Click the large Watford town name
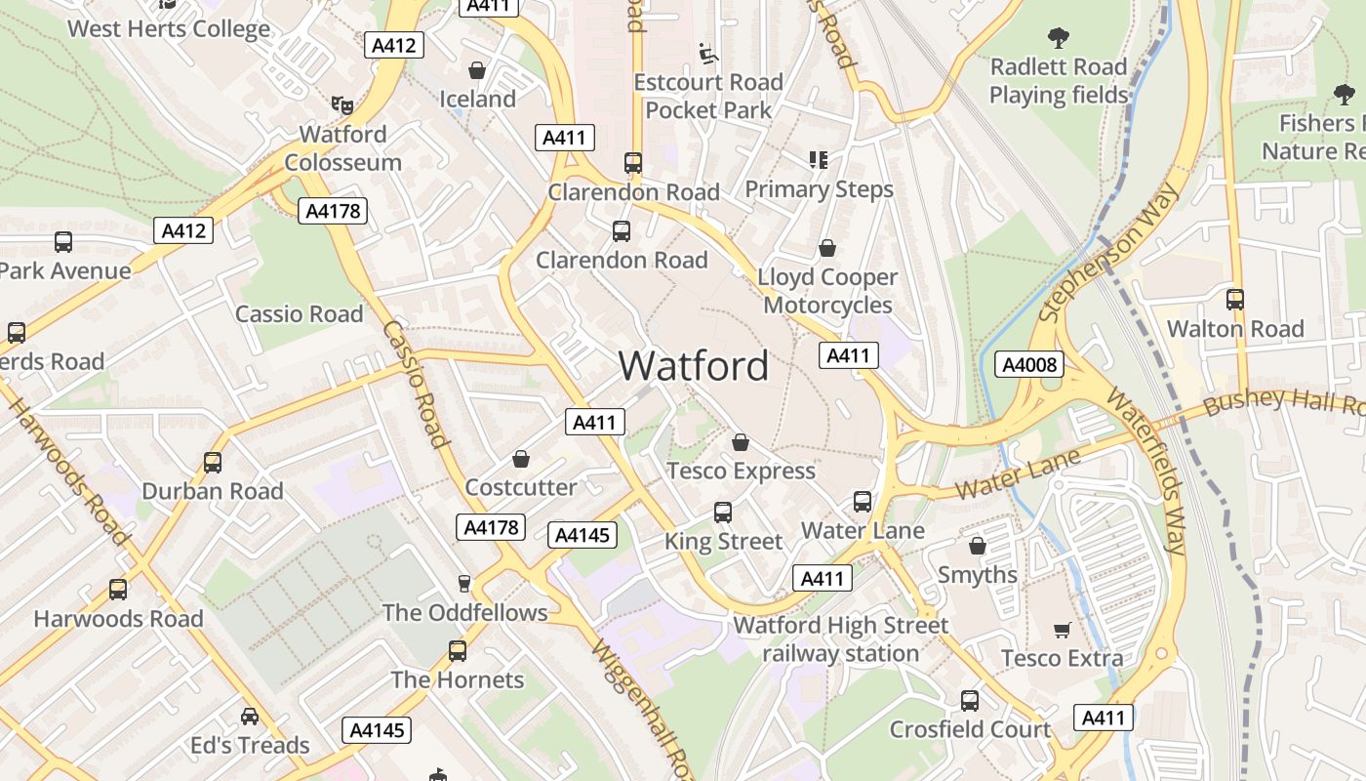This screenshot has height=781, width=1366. (694, 366)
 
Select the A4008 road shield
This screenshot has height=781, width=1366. (1028, 365)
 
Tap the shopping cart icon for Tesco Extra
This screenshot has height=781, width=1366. (1062, 630)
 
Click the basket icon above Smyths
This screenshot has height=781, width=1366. (977, 546)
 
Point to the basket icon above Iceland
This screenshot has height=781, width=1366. (477, 70)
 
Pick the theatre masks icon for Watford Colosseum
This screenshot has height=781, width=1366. (341, 103)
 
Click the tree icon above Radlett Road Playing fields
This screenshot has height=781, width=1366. (1058, 38)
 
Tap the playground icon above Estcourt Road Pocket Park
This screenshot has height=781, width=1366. (708, 53)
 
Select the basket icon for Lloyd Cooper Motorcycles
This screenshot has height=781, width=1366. (827, 248)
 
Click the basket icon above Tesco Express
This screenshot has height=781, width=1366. (741, 442)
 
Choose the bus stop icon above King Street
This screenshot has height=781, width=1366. (723, 513)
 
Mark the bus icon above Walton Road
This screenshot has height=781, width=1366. (1235, 300)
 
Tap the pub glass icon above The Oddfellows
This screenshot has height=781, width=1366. (464, 583)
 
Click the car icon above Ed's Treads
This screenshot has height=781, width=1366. (250, 717)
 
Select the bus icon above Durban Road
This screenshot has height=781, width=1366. (213, 463)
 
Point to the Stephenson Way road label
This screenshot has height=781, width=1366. (1108, 253)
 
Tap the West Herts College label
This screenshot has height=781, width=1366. (168, 28)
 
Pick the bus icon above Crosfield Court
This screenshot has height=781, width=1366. (969, 700)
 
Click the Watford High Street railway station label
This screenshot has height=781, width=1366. (840, 639)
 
